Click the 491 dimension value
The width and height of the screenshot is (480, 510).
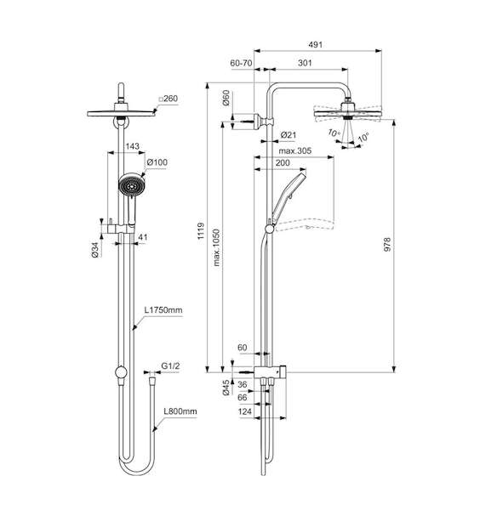[x=315, y=44]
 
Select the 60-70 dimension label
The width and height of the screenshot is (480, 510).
[x=241, y=63]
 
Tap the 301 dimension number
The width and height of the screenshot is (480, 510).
[x=305, y=63]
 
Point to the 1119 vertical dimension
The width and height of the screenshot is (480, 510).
[x=201, y=231]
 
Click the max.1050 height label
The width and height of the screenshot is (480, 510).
[x=216, y=247]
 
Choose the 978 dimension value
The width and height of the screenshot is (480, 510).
[x=387, y=244]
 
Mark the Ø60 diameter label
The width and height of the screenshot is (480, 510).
[x=226, y=98]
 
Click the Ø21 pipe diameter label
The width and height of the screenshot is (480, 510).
[x=289, y=134]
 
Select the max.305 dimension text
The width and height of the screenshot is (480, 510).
[x=295, y=151]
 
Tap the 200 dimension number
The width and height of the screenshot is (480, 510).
[x=283, y=162]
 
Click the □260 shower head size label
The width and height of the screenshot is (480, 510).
[x=168, y=99]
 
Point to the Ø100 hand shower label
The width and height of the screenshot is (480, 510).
[x=157, y=162]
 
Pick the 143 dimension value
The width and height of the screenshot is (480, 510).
[x=132, y=146]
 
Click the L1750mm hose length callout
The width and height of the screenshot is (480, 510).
[x=163, y=310]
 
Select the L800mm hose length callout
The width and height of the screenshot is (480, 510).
[x=180, y=411]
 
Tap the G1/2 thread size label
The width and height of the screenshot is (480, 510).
[x=170, y=366]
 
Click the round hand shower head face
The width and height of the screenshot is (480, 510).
[x=131, y=185]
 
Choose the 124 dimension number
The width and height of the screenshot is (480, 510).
[x=245, y=411]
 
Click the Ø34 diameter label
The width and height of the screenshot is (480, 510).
[x=95, y=250]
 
